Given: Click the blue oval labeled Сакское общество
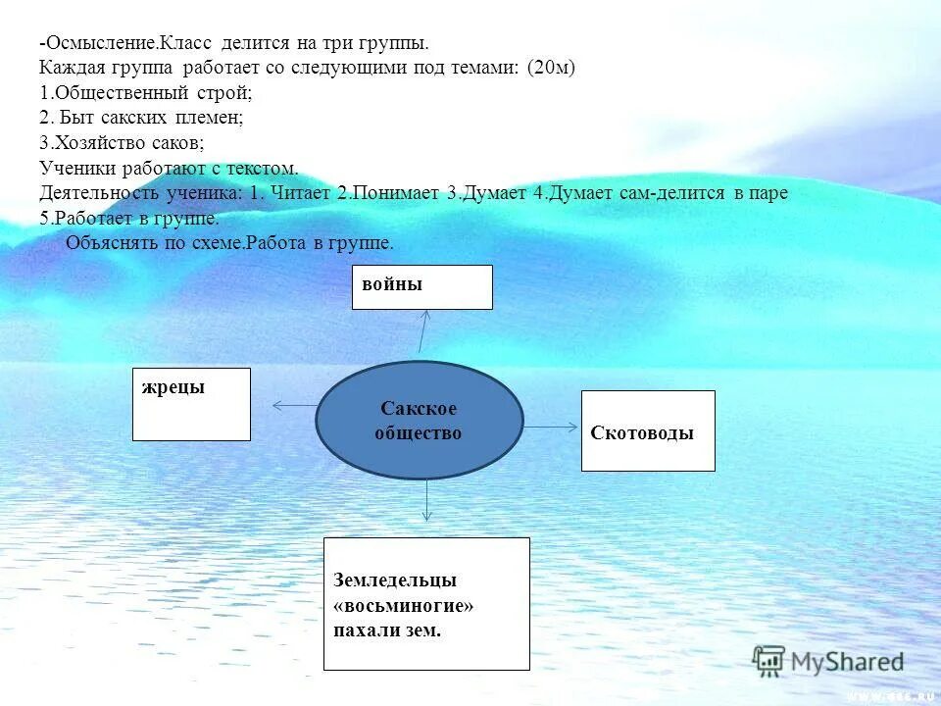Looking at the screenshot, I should click(419, 420).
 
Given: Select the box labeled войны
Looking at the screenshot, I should click(421, 286).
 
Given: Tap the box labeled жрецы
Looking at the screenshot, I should click(191, 404).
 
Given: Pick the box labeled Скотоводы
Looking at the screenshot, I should click(648, 430).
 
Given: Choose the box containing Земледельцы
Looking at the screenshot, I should click(426, 603).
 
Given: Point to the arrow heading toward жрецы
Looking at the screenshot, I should click(294, 405).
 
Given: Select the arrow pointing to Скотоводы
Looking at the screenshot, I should click(552, 427).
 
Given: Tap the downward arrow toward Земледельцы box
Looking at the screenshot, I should click(426, 500).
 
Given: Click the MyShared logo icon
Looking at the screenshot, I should click(768, 660).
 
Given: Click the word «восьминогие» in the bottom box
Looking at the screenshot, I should click(403, 606).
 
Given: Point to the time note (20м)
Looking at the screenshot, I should click(551, 69).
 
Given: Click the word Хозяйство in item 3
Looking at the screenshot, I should click(94, 142).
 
